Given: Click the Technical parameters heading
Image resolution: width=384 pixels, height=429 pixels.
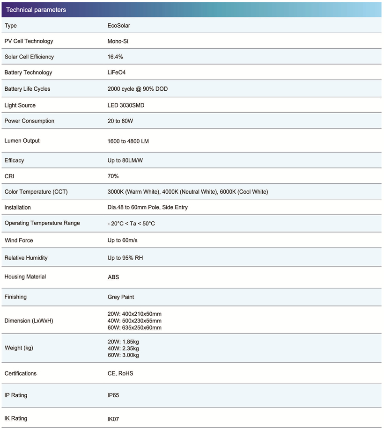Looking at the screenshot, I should click(36, 10).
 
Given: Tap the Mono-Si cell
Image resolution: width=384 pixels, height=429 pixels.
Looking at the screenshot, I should click(118, 41).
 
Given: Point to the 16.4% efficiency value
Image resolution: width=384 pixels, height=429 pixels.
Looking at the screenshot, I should click(115, 57).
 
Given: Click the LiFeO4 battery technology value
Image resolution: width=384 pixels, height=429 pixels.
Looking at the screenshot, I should click(117, 73).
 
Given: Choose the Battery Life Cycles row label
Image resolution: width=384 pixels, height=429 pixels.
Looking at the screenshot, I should click(27, 89).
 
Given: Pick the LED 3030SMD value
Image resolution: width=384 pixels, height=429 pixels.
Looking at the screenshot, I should click(126, 105).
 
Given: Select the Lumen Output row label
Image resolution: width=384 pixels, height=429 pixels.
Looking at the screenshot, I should click(22, 140).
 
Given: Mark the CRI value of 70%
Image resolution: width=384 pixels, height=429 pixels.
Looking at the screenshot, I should click(113, 176).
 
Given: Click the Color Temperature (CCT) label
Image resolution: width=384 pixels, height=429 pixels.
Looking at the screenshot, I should click(36, 192).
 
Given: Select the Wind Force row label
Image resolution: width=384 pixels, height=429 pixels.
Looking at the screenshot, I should click(19, 240).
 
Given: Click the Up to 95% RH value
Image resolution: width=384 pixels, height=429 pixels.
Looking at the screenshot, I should click(125, 258).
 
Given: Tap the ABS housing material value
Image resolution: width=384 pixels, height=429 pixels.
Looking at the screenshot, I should click(113, 277).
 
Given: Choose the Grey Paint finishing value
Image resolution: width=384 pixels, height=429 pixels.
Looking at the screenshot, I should click(121, 297).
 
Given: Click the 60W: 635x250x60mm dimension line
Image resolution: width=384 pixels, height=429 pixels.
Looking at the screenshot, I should click(134, 327).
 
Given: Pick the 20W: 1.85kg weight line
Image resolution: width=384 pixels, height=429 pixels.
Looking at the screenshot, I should click(123, 341).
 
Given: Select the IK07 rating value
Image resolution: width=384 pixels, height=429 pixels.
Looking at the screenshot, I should click(113, 419).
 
